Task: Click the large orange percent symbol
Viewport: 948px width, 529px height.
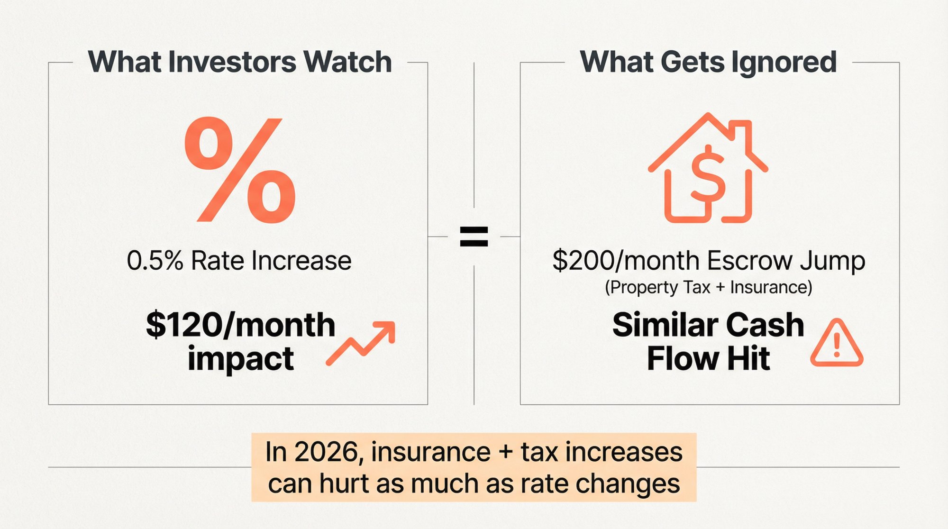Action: [x=240, y=171]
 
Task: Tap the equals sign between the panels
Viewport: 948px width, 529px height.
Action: [x=474, y=237]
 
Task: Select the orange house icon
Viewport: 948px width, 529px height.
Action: [x=708, y=168]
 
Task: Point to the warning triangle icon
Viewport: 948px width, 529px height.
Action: [x=837, y=344]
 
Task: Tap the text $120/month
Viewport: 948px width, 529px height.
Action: [x=240, y=325]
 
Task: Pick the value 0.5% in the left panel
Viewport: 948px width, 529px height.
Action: [x=155, y=261]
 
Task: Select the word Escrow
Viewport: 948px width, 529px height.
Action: [x=750, y=261]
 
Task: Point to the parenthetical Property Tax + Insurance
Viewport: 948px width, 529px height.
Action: [x=708, y=287]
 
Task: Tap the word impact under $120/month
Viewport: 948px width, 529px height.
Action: [x=240, y=358]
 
